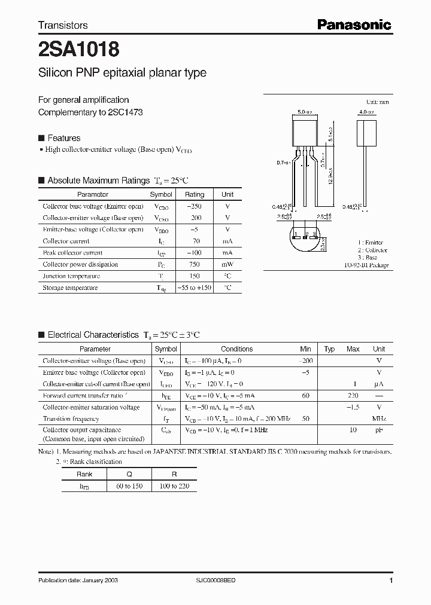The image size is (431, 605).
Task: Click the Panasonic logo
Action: coord(353,25)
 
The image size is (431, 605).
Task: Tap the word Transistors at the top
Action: coord(63,25)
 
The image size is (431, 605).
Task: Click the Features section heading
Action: coord(63,138)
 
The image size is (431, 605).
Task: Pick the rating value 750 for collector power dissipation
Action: coord(194,264)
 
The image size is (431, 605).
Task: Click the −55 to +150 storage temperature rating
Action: coord(195,288)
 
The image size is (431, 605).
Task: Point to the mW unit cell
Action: coord(227,264)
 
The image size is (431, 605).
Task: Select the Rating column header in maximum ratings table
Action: coord(195,194)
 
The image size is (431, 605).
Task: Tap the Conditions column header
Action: coord(237,349)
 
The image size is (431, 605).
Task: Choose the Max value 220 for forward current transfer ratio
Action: coord(353,396)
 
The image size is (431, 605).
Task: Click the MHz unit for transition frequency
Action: coord(378,419)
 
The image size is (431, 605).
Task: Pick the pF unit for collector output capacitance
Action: coord(378,430)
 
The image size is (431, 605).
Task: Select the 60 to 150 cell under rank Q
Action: coord(129,486)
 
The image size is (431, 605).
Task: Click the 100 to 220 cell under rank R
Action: coord(174,486)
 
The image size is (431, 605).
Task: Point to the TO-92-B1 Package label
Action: coord(366,265)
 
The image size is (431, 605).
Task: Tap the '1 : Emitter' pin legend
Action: coord(371,243)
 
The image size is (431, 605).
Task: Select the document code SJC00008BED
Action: coord(220,580)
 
